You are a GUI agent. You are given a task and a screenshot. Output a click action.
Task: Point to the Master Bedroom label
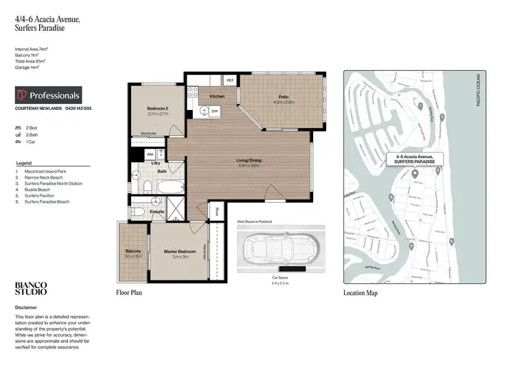pos(179,252)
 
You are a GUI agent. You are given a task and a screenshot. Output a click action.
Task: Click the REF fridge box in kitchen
pos(230,80)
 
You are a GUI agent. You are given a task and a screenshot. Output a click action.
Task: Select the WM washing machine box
pos(150,155)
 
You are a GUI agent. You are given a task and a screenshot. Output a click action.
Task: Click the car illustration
pos(275,248)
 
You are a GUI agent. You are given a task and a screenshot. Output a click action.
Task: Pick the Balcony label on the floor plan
pos(133,252)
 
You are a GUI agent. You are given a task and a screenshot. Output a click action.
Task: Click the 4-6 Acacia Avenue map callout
pos(415,159)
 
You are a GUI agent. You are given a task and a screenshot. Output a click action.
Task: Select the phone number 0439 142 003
pos(78,109)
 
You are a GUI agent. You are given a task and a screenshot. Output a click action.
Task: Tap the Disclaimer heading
pos(27,307)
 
